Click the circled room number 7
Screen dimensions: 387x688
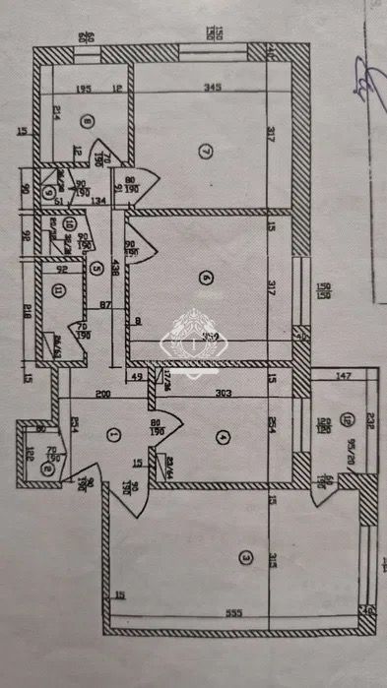204,152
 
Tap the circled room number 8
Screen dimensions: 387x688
88,122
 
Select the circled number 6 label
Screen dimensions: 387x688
205,279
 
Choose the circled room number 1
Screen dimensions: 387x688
113,433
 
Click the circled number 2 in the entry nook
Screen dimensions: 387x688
47,469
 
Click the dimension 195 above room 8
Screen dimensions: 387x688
84,90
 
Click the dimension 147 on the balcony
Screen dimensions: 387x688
344,377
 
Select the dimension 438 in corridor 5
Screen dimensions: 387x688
117,266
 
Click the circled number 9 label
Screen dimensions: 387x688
48,191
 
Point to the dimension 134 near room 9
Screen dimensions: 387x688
96,203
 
